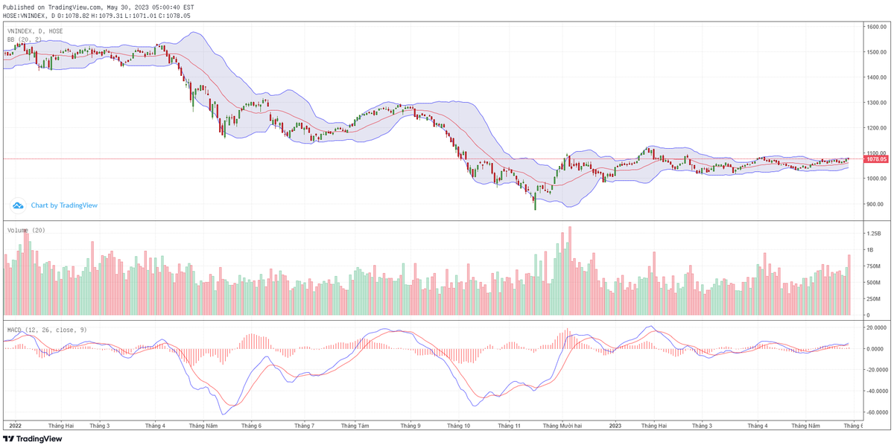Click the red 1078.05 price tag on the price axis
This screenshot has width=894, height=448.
(x=875, y=159)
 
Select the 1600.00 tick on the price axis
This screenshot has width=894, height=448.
(x=875, y=27)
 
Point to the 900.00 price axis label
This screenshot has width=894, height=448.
(x=875, y=204)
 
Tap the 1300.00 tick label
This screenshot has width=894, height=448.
(x=875, y=103)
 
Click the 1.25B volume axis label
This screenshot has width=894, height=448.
(x=874, y=234)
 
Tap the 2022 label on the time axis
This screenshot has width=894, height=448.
(x=14, y=426)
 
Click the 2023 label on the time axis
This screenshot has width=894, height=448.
(x=615, y=426)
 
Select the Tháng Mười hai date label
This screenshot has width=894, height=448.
(x=562, y=426)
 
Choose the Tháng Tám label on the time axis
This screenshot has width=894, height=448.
(x=355, y=426)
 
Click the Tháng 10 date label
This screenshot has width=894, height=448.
(x=458, y=426)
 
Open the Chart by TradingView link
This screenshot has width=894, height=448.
(x=63, y=205)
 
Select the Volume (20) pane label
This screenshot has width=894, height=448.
(x=27, y=231)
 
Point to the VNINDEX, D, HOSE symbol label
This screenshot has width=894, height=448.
(x=35, y=31)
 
